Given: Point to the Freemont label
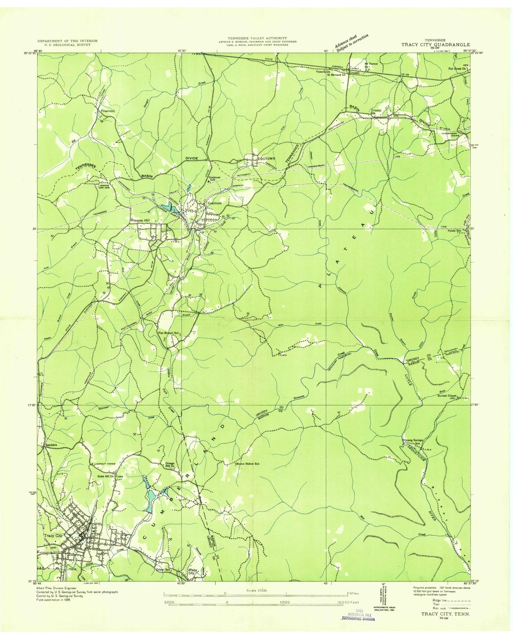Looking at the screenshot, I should [108, 111].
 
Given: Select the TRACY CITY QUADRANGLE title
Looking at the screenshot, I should [435, 45].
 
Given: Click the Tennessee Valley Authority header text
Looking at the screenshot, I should [258, 38].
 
